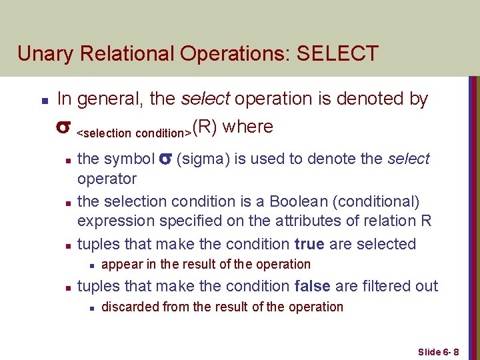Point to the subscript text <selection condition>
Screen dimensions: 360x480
(134, 133)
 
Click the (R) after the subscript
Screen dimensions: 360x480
(205, 127)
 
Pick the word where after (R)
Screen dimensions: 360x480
(248, 127)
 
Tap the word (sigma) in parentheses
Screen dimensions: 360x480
(201, 159)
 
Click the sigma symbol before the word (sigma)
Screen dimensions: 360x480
(167, 159)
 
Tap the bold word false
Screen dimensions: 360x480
(312, 286)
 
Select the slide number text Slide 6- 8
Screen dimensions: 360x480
(443, 351)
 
